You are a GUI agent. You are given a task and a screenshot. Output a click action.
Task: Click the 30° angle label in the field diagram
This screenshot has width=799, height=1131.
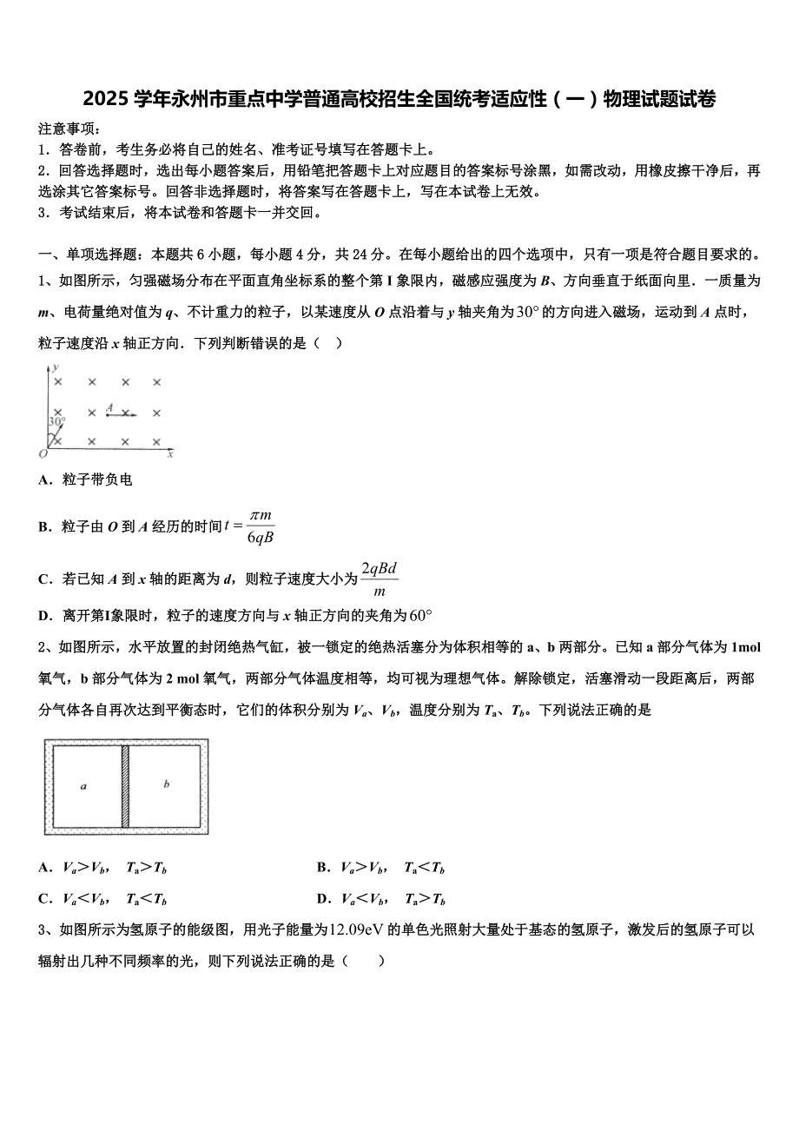tap(57, 422)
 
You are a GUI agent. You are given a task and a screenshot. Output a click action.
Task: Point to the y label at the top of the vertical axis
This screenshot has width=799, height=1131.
tap(55, 369)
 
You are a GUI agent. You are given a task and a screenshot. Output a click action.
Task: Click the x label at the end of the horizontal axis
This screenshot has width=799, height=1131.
tap(170, 453)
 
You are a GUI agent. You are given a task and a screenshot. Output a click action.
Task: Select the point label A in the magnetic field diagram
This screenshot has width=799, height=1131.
tap(109, 407)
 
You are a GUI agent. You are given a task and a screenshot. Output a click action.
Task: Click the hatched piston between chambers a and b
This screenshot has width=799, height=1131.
tap(125, 786)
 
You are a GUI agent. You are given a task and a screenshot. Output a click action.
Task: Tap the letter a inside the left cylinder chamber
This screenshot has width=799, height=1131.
tap(83, 786)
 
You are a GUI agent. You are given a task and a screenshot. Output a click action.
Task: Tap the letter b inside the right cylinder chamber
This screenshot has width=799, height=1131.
tap(167, 784)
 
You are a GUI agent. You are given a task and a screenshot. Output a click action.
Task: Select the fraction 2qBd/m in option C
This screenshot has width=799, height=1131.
tap(380, 579)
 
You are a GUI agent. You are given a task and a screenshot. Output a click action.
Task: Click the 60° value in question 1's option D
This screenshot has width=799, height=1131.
tap(420, 616)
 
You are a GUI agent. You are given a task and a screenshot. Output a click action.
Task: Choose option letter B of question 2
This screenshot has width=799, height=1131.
tap(322, 868)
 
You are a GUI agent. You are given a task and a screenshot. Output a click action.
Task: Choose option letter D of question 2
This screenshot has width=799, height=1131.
tap(322, 899)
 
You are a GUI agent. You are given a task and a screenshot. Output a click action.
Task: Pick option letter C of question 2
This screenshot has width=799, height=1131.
tap(44, 899)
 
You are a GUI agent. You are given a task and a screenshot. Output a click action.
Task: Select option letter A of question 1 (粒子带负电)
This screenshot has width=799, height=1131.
tap(44, 480)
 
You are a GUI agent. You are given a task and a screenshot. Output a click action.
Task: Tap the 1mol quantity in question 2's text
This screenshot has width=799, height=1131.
tap(746, 647)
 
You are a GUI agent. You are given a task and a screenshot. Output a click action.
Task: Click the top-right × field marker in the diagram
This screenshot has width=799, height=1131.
tap(157, 381)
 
